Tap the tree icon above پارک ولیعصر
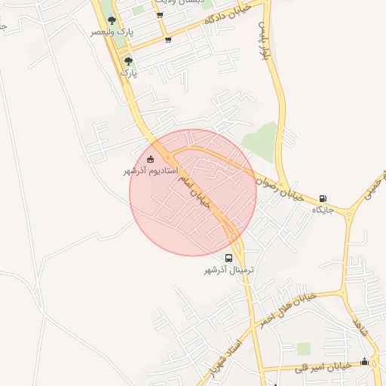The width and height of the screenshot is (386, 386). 112,21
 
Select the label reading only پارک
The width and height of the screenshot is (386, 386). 129,74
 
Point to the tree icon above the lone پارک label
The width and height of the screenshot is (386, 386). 128,62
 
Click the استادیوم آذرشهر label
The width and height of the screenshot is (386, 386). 151,171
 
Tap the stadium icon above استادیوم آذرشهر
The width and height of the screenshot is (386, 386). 151,159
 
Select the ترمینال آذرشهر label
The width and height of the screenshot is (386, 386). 229,270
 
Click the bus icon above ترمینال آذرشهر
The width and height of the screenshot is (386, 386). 229,259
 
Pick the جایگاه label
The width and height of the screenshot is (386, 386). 323,210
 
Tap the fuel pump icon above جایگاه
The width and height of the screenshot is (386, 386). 323,198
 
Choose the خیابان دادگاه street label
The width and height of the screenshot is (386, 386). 228,15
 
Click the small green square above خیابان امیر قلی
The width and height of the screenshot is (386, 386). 303,348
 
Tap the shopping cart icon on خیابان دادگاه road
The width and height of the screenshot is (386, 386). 167,40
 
